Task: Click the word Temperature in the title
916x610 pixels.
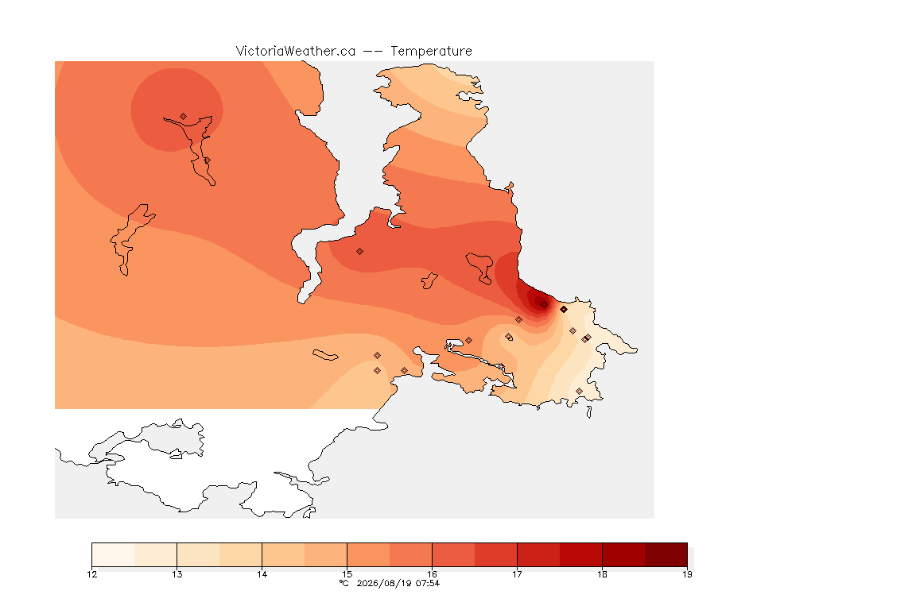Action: tap(431, 52)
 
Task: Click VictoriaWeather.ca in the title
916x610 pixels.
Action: tap(296, 52)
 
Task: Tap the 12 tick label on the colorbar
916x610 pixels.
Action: tap(91, 574)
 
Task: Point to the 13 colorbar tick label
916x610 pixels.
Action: tap(177, 574)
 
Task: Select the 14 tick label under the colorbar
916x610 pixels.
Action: tap(262, 574)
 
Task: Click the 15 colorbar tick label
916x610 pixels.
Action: tap(347, 574)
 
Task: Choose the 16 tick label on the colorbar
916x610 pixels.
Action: tap(432, 574)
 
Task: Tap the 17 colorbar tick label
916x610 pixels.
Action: tap(517, 574)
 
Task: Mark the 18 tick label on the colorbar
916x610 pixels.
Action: tap(602, 574)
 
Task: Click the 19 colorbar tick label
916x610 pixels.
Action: tap(687, 574)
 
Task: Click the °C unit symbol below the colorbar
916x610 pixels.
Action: tap(344, 583)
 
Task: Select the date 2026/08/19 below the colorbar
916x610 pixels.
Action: tap(383, 583)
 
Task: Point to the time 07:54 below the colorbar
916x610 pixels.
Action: tap(428, 583)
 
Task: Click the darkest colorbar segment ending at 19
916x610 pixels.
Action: tap(666, 554)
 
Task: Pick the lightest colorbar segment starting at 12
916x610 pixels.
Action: tap(114, 554)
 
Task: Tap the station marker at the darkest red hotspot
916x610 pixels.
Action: tap(545, 305)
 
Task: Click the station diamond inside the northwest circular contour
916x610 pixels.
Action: tap(184, 117)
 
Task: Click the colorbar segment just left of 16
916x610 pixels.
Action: tap(410, 554)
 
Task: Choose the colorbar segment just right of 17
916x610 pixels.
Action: tap(538, 554)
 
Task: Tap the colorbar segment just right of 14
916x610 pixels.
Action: tap(283, 554)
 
